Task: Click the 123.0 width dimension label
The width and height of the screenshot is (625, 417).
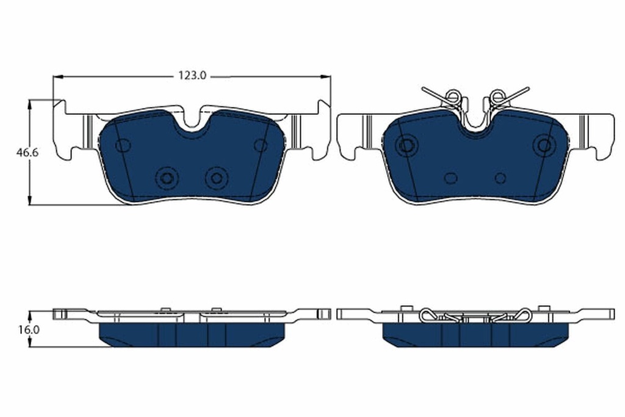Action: (193, 76)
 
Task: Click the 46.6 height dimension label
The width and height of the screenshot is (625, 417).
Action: (27, 153)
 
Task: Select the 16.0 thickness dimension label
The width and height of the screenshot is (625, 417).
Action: (28, 329)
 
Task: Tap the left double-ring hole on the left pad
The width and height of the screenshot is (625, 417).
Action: (167, 178)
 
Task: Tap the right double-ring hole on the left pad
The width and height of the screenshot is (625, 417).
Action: (215, 178)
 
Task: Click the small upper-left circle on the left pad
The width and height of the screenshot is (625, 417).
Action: (123, 145)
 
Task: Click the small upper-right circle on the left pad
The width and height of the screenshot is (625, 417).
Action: (261, 145)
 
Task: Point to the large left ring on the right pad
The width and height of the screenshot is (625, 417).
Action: (405, 145)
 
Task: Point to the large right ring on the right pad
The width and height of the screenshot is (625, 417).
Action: (543, 145)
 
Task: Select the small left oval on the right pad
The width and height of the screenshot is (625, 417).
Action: (450, 178)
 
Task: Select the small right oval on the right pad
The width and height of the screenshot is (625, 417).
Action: (500, 178)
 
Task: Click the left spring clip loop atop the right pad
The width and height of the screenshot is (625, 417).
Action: (452, 96)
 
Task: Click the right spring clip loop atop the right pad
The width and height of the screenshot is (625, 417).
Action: (497, 96)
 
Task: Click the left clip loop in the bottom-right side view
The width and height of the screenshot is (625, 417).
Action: (429, 315)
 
